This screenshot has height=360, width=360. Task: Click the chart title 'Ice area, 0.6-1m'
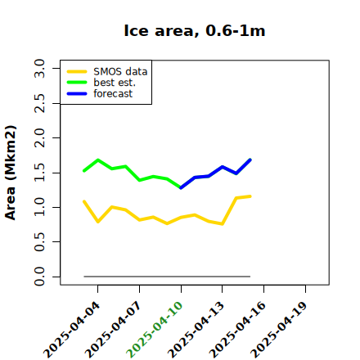[195, 30]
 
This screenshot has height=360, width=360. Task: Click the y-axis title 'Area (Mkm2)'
[11, 173]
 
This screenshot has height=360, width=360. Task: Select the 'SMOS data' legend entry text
[120, 71]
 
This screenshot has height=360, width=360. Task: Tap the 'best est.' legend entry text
[115, 83]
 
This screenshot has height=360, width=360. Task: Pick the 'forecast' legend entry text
[113, 93]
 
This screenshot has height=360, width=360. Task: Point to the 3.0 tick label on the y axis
[39, 68]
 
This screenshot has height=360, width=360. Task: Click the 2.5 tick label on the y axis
[39, 103]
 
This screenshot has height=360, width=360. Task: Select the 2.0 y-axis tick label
[39, 138]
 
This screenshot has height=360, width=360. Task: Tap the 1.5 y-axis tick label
[39, 173]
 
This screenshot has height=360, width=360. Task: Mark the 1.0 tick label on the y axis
[39, 207]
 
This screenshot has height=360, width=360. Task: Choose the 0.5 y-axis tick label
[39, 242]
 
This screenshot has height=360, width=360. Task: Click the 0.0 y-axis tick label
[39, 277]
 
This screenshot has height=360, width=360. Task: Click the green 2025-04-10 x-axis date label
[155, 330]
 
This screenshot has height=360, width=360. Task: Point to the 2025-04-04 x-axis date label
[71, 330]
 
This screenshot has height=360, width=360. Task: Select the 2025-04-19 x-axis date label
[279, 330]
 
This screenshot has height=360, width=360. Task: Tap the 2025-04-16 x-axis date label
[237, 330]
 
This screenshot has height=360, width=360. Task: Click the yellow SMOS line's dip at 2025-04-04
[98, 222]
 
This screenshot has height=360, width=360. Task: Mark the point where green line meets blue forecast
[181, 188]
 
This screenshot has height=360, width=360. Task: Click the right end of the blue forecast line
[250, 160]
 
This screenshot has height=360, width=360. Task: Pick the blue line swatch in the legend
[77, 94]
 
